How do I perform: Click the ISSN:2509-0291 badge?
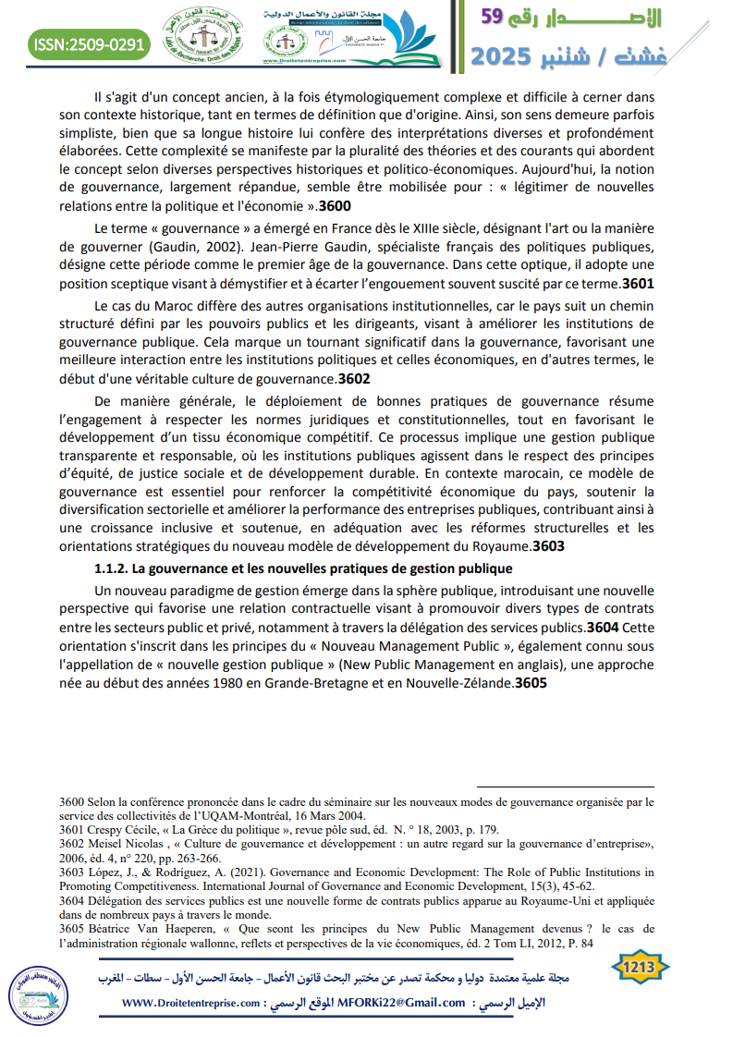click(x=88, y=43)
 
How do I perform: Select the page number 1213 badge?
click(x=641, y=968)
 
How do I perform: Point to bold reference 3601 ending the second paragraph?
click(x=640, y=284)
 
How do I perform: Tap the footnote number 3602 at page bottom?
click(x=71, y=843)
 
